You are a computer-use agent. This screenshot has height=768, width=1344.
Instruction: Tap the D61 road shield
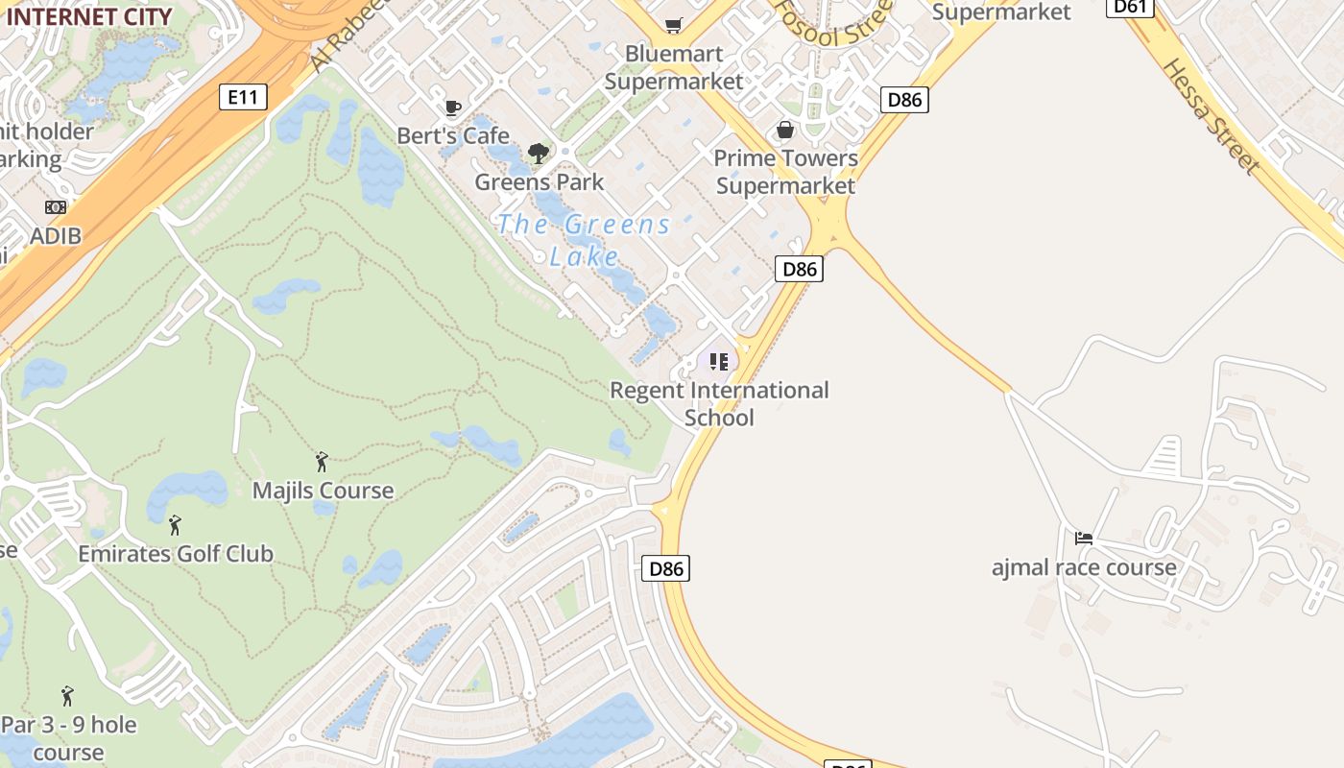pos(1130,7)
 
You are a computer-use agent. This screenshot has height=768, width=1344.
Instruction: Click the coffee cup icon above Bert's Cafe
pos(453,108)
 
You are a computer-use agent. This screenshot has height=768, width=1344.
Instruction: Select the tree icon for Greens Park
pos(539,153)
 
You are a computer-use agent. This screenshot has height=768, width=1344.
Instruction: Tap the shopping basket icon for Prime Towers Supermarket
pos(785,130)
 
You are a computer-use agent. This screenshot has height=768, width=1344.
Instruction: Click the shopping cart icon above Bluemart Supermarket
pos(674,25)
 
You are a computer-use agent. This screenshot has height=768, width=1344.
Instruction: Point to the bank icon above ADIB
pos(56,206)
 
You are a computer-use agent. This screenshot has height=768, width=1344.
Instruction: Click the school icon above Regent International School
pos(719,362)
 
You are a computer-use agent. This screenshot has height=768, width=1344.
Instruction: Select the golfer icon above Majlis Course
pos(322,462)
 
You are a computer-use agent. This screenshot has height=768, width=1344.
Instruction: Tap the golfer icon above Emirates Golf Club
pos(175,525)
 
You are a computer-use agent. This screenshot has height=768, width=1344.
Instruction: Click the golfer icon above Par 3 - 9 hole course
pos(67,696)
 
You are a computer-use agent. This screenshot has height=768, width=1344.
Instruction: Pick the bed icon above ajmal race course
pos(1084,539)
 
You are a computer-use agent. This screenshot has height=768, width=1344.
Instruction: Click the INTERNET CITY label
pos(89,16)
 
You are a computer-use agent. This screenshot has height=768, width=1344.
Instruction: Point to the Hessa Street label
pos(1212,116)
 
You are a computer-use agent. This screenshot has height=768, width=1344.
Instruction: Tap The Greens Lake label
pos(585,240)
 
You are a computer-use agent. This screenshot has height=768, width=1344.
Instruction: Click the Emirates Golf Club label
pos(176,554)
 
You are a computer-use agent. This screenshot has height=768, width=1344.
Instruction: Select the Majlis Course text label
pos(323,491)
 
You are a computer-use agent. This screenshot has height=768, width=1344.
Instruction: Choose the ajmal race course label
pos(1084,567)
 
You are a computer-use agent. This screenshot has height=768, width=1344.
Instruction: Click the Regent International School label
pos(719,404)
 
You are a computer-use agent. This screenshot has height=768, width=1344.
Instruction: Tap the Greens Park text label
pos(540,181)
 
